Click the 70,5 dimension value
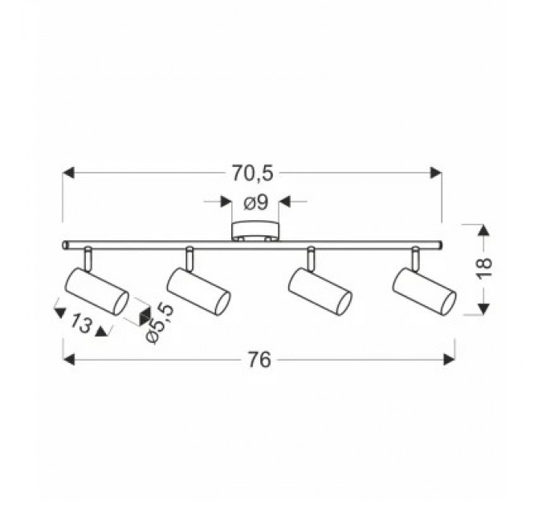pyautogui.click(x=253, y=173)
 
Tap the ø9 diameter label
pyautogui.click(x=256, y=202)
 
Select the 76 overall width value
pyautogui.click(x=259, y=359)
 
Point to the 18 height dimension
pyautogui.click(x=484, y=267)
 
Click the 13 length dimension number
pyautogui.click(x=81, y=324)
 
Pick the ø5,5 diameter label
pyautogui.click(x=159, y=323)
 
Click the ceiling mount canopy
pyautogui.click(x=255, y=231)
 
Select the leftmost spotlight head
pyautogui.click(x=97, y=292)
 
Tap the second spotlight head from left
pyautogui.click(x=198, y=292)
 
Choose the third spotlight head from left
pyautogui.click(x=320, y=292)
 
